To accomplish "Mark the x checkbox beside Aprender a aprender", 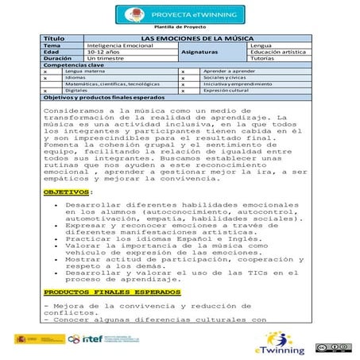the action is click(x=184, y=71).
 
